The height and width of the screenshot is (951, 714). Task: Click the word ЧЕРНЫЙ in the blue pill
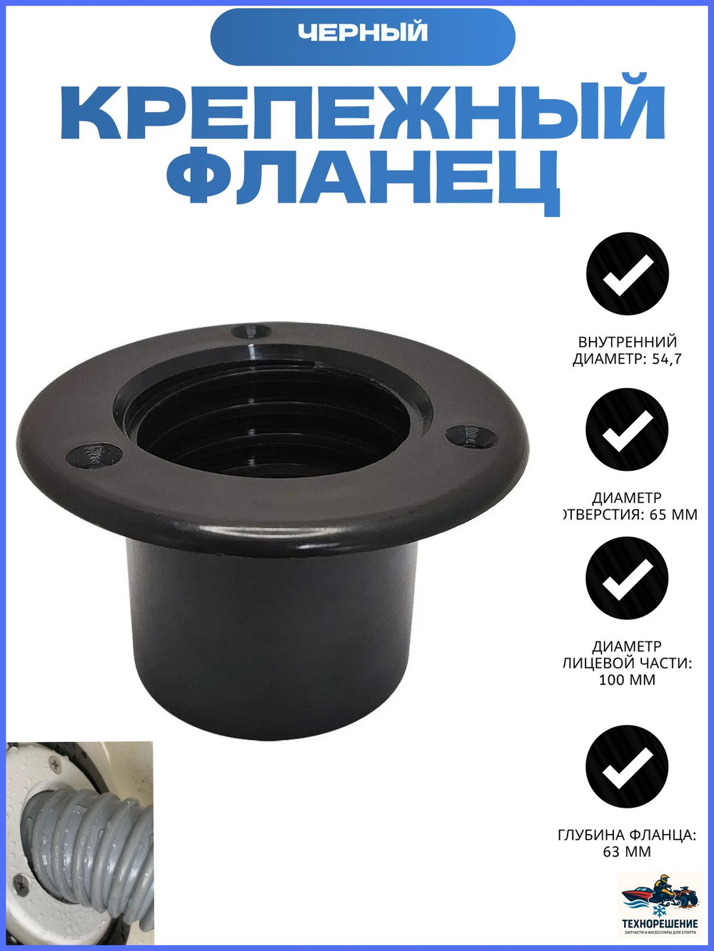[363, 33]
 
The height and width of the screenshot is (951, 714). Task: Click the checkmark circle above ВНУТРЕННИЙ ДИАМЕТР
[627, 274]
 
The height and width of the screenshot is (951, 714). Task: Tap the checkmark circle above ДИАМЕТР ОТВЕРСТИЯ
[627, 429]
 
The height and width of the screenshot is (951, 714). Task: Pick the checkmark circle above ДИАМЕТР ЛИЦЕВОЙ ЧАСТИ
[627, 578]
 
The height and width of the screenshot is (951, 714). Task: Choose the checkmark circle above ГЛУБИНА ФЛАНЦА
[627, 766]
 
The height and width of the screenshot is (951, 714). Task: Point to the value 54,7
[667, 359]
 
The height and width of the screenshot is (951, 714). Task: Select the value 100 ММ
[627, 680]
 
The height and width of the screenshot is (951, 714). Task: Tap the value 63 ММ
[627, 852]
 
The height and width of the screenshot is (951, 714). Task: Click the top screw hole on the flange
[251, 332]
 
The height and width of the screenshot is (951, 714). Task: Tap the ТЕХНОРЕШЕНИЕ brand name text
[660, 924]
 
